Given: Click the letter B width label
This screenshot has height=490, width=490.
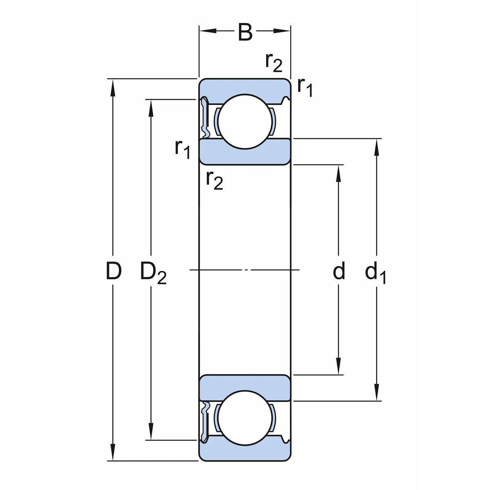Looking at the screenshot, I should pyautogui.click(x=245, y=33).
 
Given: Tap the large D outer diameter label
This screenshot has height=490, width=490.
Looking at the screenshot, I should pyautogui.click(x=114, y=272).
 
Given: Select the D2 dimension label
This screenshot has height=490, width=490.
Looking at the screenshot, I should pyautogui.click(x=153, y=273).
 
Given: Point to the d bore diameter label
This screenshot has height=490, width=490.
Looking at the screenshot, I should pyautogui.click(x=339, y=272).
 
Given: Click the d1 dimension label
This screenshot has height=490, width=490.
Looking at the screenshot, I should pyautogui.click(x=375, y=273).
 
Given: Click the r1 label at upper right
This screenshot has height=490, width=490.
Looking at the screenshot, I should pyautogui.click(x=305, y=87).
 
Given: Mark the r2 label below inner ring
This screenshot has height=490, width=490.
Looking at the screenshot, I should pyautogui.click(x=214, y=179).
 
